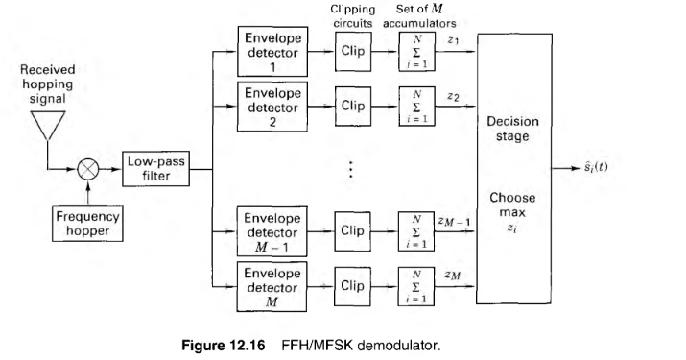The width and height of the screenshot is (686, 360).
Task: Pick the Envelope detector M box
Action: point(272,286)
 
